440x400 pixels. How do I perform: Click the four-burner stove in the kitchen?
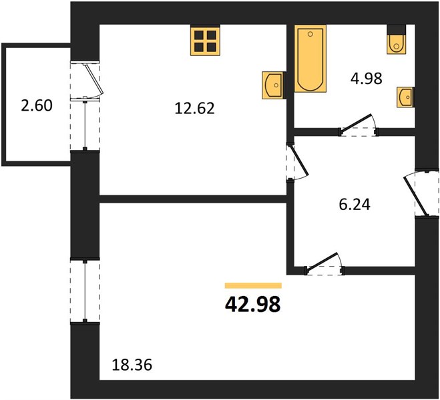205,40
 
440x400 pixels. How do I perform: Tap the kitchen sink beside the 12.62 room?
274,85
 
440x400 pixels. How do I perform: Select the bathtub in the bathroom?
310,58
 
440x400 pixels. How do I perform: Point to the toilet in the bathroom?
396,44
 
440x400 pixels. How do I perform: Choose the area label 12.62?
194,108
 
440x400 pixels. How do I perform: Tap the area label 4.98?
366,79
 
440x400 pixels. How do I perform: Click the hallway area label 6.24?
355,205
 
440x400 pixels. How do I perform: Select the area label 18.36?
132,365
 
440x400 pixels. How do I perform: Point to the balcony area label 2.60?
37,105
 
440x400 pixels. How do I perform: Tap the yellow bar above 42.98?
253,285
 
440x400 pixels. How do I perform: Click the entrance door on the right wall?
416,195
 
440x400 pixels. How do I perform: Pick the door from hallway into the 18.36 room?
322,261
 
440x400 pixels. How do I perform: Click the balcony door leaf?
94,79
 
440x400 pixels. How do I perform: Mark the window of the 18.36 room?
85,291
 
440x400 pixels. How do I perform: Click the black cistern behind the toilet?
396,30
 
